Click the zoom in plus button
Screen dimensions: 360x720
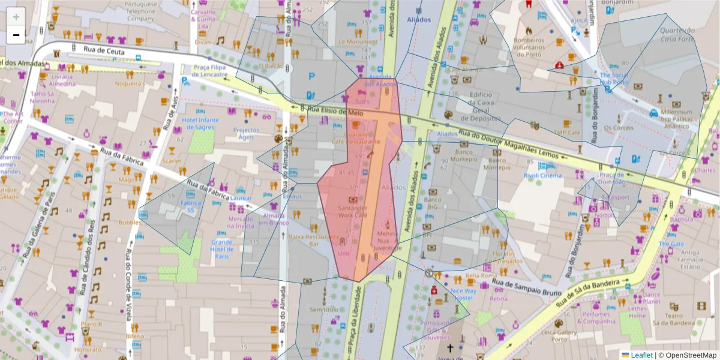pos(16,17)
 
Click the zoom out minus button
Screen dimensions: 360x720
pos(16,35)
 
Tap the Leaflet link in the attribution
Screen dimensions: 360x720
pos(641,355)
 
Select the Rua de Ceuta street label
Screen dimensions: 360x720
pos(104,52)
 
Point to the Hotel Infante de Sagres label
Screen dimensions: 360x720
pos(201,123)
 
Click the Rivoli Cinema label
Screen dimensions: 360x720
pos(542,175)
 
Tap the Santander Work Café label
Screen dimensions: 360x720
pos(353,211)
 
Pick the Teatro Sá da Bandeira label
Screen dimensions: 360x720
pos(674,320)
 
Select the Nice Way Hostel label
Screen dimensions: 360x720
pos(463,294)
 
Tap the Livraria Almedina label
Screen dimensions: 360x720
pos(63,80)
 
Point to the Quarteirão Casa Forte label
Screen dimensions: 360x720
pos(677,34)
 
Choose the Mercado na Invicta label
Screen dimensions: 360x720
pos(241,222)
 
